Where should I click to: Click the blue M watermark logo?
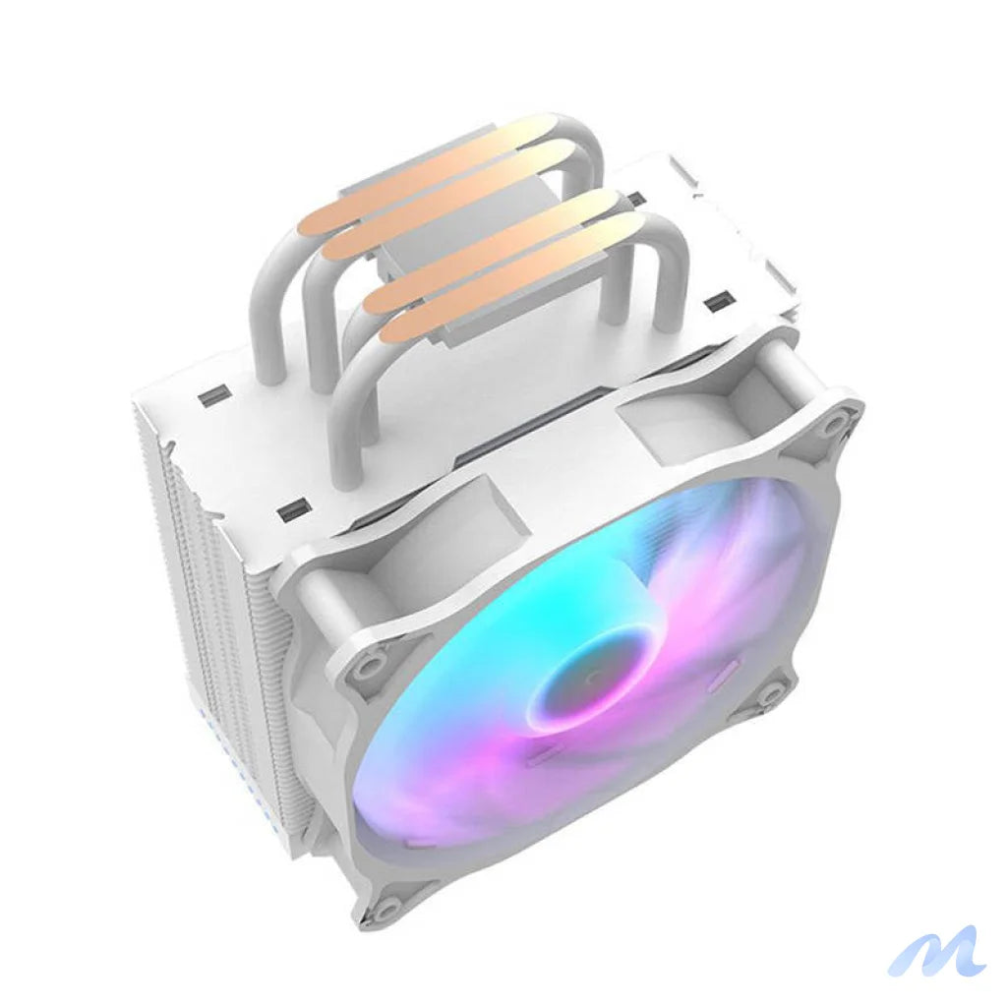click(x=936, y=951)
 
